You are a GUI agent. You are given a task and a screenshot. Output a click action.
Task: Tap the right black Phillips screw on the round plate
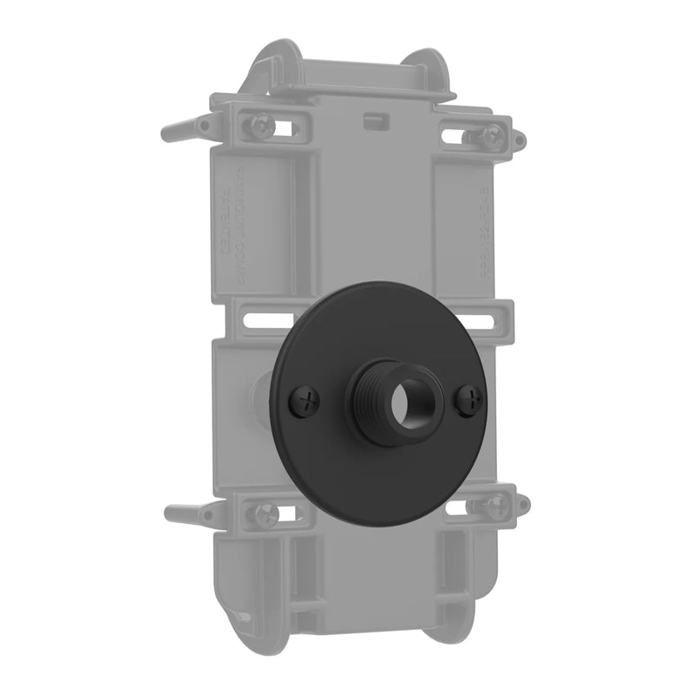tap(470, 397)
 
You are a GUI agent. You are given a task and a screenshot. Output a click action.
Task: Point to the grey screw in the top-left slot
tap(262, 127)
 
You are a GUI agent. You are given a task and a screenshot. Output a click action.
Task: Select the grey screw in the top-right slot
tap(492, 135)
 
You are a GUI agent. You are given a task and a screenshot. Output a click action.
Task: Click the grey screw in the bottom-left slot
tap(264, 512)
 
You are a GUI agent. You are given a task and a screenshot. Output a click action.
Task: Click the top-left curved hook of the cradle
tap(273, 61)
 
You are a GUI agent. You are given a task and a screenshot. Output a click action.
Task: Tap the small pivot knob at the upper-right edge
tap(518, 139)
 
